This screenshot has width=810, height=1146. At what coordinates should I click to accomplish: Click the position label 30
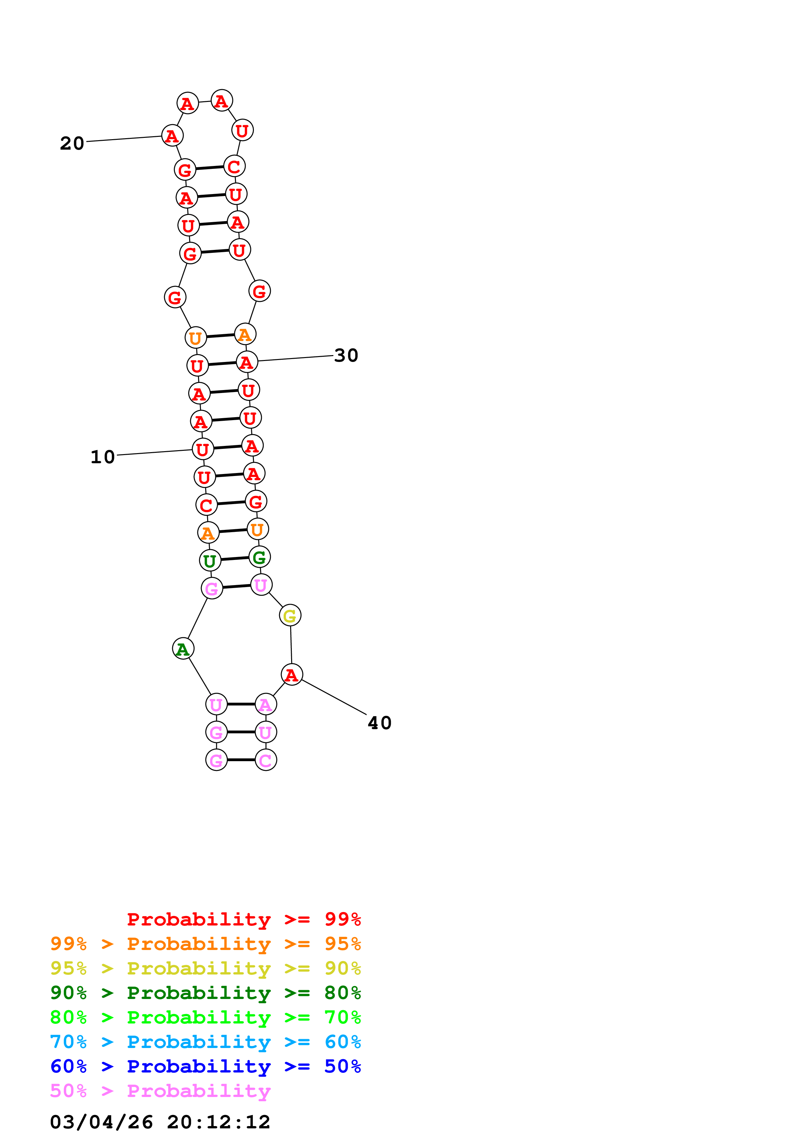(x=346, y=355)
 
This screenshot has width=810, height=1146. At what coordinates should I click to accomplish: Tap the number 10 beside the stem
(x=102, y=457)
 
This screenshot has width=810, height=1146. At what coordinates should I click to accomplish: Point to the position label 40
(x=379, y=723)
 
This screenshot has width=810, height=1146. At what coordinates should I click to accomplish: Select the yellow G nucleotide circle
(x=290, y=615)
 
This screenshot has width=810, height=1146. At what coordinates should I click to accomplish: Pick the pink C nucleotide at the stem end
(x=266, y=760)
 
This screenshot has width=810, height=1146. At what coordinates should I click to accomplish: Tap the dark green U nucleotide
(x=210, y=561)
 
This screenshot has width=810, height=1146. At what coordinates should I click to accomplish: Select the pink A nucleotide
(x=266, y=704)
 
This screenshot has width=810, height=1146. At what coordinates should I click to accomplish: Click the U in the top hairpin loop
(x=242, y=130)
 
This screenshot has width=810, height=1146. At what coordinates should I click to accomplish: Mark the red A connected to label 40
(x=291, y=675)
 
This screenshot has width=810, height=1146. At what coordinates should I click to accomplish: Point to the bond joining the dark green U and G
(x=235, y=559)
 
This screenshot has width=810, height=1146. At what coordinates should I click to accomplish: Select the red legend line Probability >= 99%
(x=243, y=919)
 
